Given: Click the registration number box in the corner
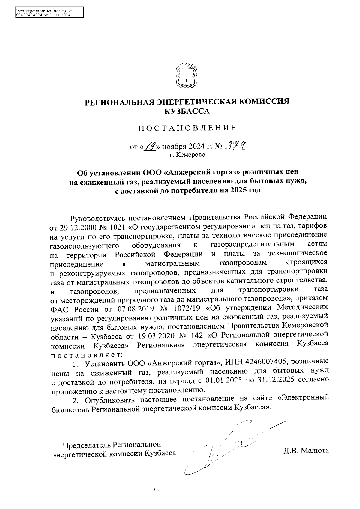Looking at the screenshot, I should click(x=49, y=13).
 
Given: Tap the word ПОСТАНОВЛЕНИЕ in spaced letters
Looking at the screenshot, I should click(x=187, y=128).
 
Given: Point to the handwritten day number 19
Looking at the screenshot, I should click(x=150, y=147).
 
